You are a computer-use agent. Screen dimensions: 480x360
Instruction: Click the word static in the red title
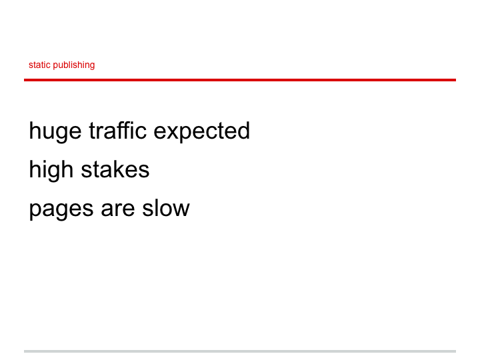[39, 65]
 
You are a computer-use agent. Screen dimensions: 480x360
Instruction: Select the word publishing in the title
[74, 65]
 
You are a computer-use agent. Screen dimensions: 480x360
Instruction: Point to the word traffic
[117, 130]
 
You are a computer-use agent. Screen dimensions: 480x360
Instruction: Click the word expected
[202, 132]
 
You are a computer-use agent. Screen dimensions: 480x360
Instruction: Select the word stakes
[115, 169]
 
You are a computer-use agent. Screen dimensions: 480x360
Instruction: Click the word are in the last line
[118, 209]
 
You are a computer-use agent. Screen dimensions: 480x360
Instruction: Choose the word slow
[166, 208]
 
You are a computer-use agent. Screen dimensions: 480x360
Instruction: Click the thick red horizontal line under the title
[240, 80]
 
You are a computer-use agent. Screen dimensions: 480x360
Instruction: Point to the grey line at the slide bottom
[240, 351]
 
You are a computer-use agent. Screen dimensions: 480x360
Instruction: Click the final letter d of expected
[243, 130]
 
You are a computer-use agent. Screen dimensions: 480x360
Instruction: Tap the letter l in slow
[154, 208]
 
